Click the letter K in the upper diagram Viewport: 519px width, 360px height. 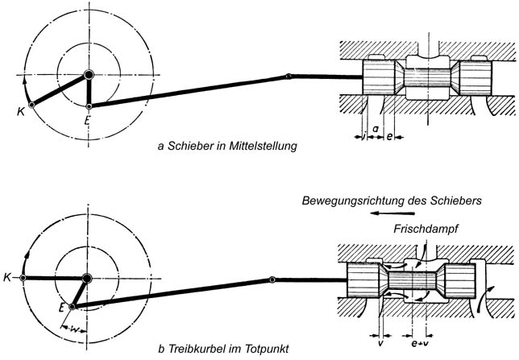coord(20,111)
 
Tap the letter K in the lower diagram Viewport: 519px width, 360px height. coord(7,278)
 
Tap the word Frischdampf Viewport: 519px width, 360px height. coord(426,229)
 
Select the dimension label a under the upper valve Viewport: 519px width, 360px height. coord(376,129)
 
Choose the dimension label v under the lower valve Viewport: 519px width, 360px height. coord(378,338)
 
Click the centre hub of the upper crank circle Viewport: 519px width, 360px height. coord(89,75)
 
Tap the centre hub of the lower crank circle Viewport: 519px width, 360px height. coord(88,278)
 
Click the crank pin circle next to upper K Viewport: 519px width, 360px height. coord(31,105)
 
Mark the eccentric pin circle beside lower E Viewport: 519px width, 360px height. coord(73,306)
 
